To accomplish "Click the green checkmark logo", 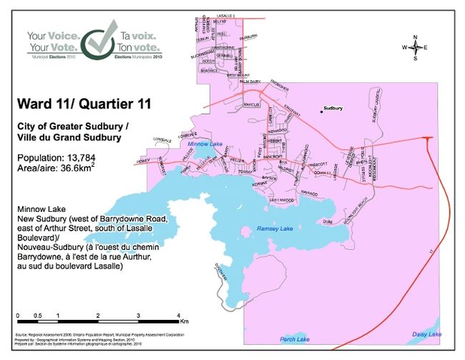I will coord(99,42).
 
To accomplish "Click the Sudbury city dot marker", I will coord(321,110).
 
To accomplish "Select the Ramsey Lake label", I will coord(275,229).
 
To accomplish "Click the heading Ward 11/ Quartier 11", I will coord(84,104).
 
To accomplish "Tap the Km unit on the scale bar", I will coord(184,321).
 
